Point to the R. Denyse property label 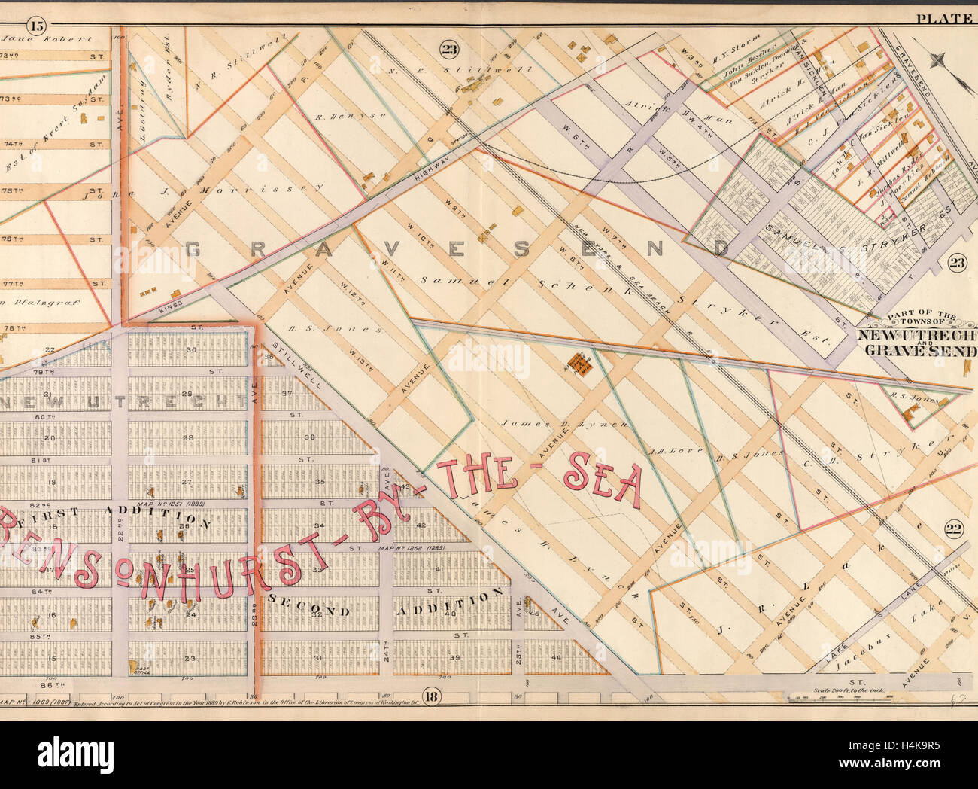pos(340,117)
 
